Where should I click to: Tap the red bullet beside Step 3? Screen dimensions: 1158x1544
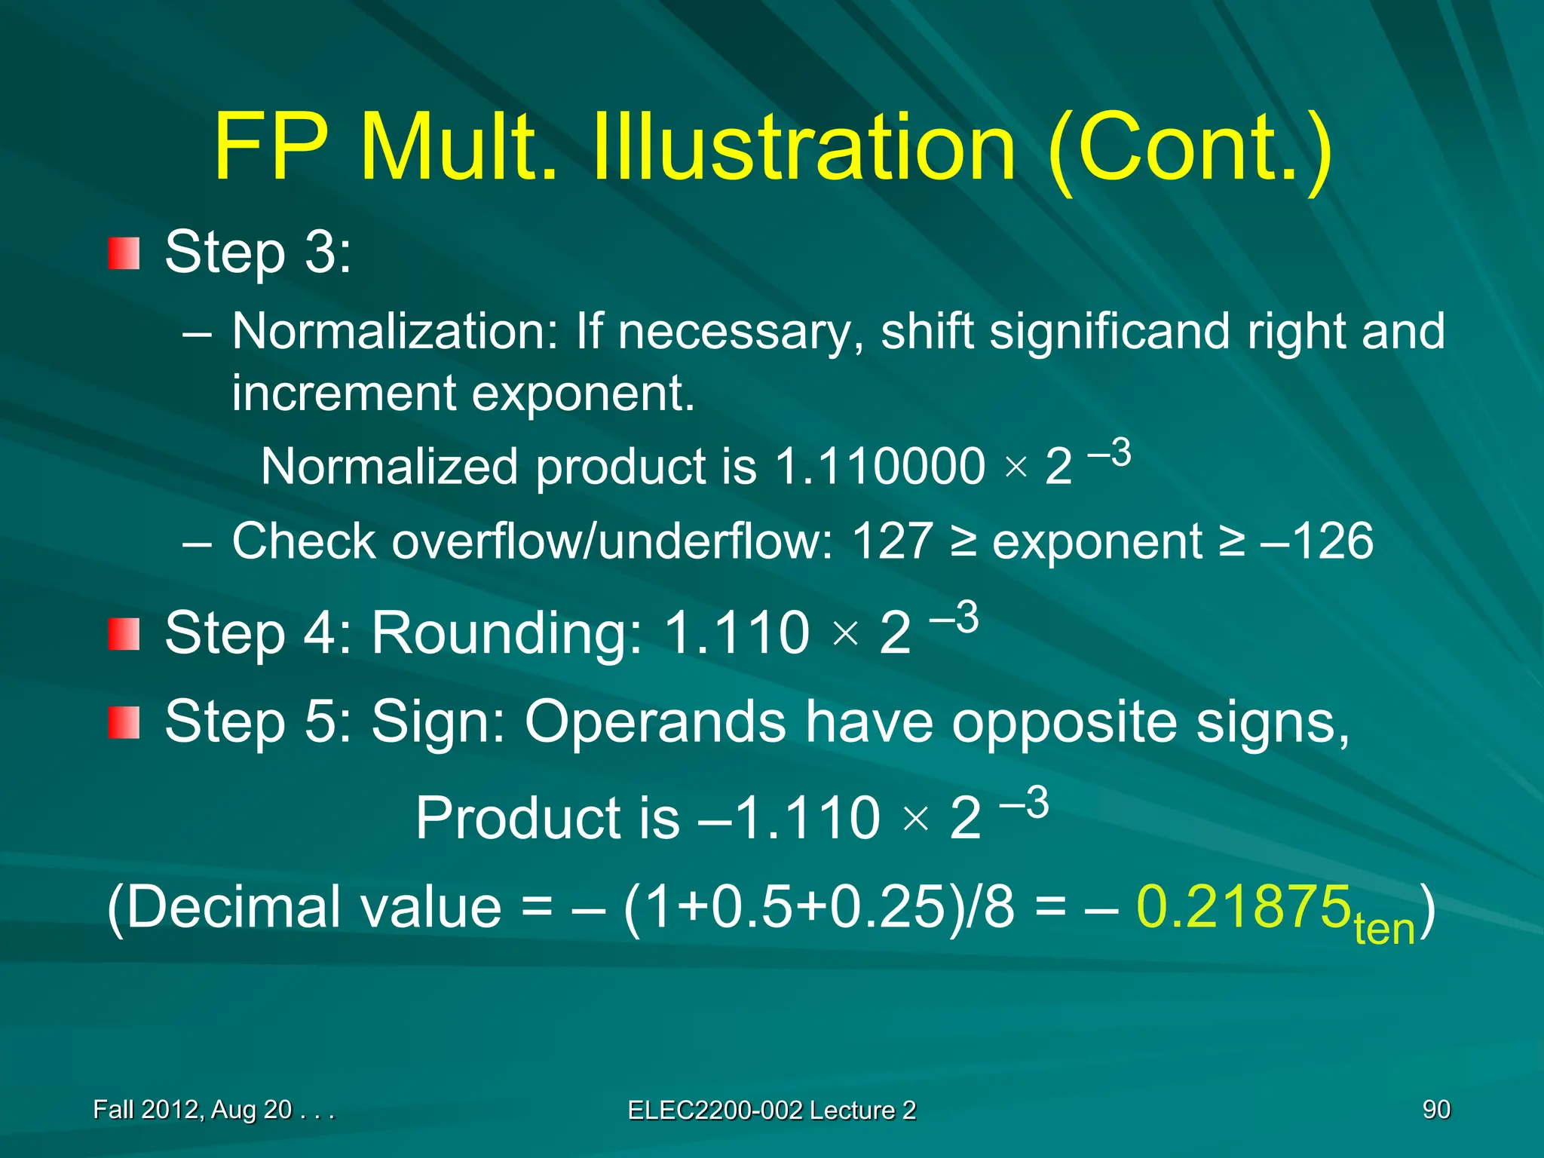click(x=124, y=253)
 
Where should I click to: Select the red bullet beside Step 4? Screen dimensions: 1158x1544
click(x=124, y=634)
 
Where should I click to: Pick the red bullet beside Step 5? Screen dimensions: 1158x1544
click(x=124, y=723)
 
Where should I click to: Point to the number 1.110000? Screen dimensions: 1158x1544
click(x=879, y=467)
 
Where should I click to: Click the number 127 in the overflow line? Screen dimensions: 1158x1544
click(x=892, y=541)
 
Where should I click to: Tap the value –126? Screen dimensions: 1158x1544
click(x=1316, y=541)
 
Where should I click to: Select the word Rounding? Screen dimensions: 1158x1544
click(x=507, y=633)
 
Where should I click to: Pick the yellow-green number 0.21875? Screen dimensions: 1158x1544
click(x=1243, y=906)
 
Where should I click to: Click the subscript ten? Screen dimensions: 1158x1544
click(x=1384, y=929)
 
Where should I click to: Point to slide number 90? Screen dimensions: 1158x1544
click(x=1436, y=1109)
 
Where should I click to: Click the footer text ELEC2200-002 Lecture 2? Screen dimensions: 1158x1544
click(x=771, y=1111)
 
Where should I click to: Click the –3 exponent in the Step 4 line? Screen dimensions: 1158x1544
click(x=954, y=618)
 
